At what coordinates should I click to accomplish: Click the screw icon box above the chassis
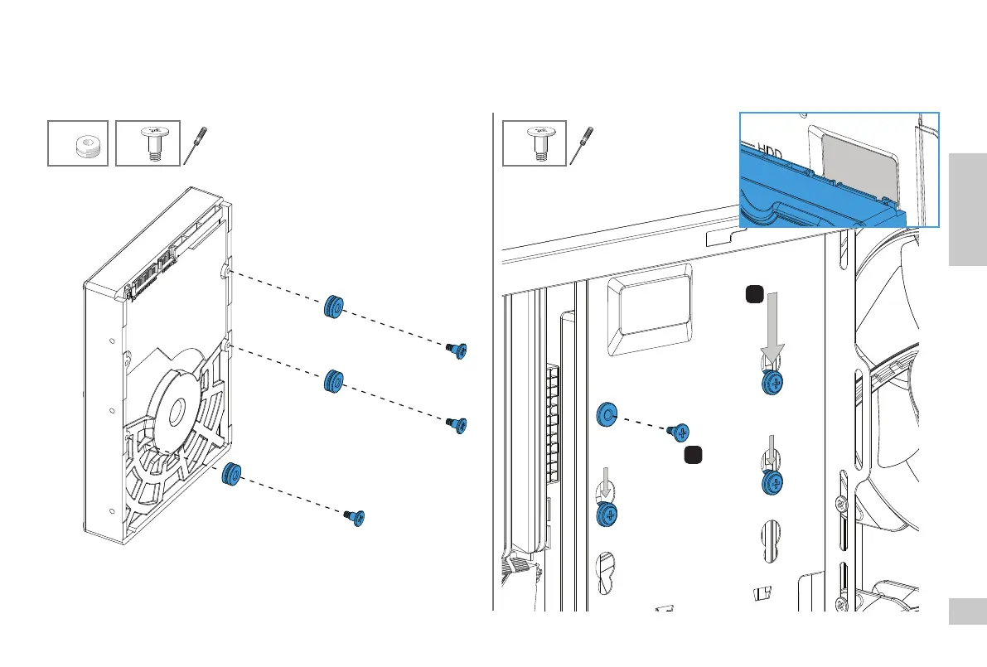(535, 143)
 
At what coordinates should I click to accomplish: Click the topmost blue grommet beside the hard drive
(334, 307)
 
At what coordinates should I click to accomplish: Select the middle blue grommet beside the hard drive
(334, 382)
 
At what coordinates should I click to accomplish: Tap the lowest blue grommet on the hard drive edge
(231, 474)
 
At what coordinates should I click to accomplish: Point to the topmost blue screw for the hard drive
(457, 350)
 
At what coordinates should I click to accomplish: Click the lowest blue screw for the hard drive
(356, 517)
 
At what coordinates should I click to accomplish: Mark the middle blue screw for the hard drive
(457, 424)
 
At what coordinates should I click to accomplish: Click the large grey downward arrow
(772, 326)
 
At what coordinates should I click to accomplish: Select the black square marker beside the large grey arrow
(752, 294)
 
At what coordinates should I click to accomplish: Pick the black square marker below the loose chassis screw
(694, 455)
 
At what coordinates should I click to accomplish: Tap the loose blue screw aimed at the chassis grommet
(679, 431)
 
